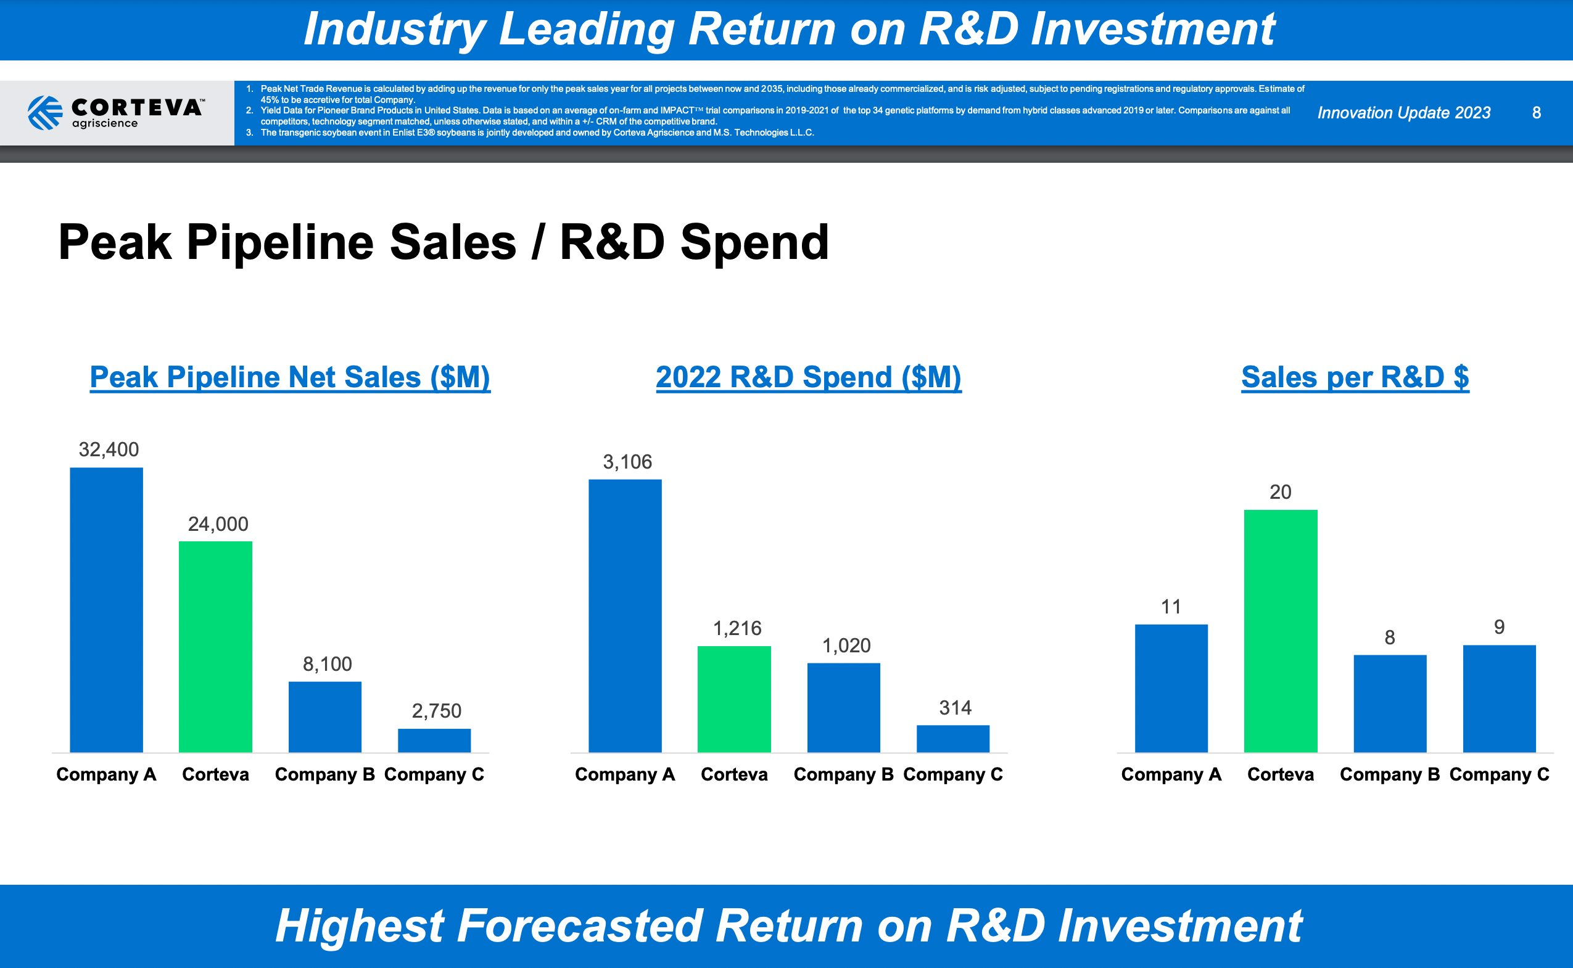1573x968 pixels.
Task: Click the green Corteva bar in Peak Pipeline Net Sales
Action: coord(215,647)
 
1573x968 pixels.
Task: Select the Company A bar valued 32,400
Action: coord(106,610)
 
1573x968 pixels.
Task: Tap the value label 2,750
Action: coord(436,711)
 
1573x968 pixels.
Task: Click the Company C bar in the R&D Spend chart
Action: coord(952,739)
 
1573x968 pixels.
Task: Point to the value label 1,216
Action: coord(737,628)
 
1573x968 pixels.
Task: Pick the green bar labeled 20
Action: coord(1281,631)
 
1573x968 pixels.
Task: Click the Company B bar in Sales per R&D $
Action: coord(1390,703)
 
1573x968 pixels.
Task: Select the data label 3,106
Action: coord(627,462)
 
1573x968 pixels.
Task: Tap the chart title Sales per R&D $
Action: coord(1355,377)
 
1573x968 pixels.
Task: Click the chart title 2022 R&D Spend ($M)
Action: coord(808,377)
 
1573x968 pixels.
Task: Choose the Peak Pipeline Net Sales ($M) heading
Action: coord(290,377)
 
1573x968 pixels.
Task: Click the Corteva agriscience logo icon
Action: coord(45,113)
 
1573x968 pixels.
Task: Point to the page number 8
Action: coord(1536,113)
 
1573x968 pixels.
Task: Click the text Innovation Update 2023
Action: coord(1403,113)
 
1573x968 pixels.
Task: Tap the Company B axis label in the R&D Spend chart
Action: coord(843,774)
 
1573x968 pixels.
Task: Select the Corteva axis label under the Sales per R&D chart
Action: coord(1281,774)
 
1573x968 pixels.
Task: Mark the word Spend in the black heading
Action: coord(754,243)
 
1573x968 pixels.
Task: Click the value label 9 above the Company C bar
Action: coord(1499,627)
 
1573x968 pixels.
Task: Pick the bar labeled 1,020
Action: coord(843,707)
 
